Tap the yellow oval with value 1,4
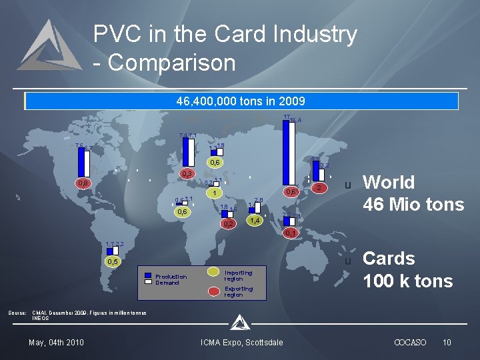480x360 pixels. click(253, 220)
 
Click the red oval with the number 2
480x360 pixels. click(319, 189)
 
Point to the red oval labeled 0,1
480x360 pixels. click(289, 233)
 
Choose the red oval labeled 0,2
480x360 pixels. click(228, 223)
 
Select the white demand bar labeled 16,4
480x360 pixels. click(291, 155)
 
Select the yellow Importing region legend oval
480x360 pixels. click(213, 272)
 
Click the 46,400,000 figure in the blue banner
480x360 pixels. click(201, 102)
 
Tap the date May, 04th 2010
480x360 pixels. click(56, 343)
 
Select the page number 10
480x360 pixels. click(447, 343)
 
